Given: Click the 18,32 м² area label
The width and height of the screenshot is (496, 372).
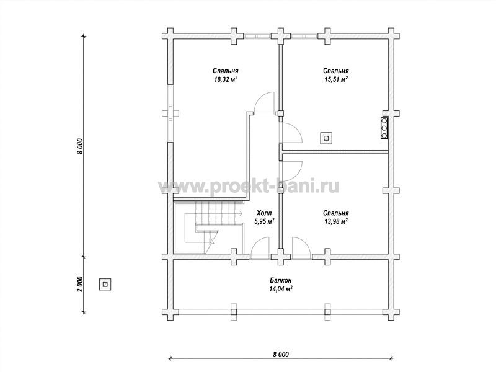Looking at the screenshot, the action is point(226,79).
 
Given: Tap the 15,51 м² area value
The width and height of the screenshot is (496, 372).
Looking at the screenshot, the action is point(336,79).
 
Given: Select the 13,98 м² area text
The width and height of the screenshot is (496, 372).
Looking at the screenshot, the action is point(336,221).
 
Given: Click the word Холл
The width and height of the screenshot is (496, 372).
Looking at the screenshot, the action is point(264,213).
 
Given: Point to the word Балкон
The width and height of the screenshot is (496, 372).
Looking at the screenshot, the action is point(281,280).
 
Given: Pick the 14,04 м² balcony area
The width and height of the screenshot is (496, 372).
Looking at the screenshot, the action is point(281,288).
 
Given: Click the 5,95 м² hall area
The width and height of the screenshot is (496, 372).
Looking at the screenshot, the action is point(264,221).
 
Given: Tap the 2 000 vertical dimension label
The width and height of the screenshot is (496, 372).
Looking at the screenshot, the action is point(80,285).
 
